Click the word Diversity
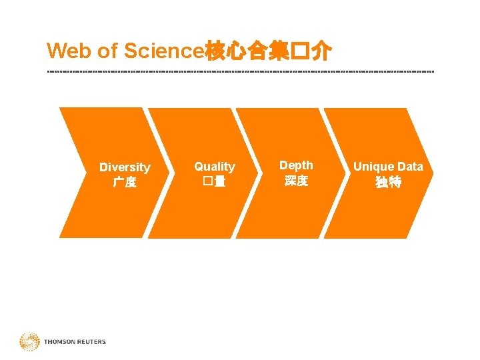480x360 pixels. point(125,167)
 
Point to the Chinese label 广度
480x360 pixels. point(125,182)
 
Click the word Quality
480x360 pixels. point(214,167)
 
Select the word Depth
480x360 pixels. point(296,165)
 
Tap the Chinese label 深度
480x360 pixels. point(296,181)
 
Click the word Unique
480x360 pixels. point(374,167)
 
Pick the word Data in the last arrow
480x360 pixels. point(410,167)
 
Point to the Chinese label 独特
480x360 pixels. point(388,182)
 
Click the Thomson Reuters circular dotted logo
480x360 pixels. point(29,342)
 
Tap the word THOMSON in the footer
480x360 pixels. point(59,342)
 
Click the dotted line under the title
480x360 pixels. point(240,71)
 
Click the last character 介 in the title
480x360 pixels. point(323,51)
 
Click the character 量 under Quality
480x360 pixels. point(220,181)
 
